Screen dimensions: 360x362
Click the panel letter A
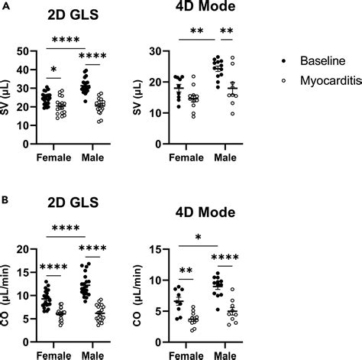5,5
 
